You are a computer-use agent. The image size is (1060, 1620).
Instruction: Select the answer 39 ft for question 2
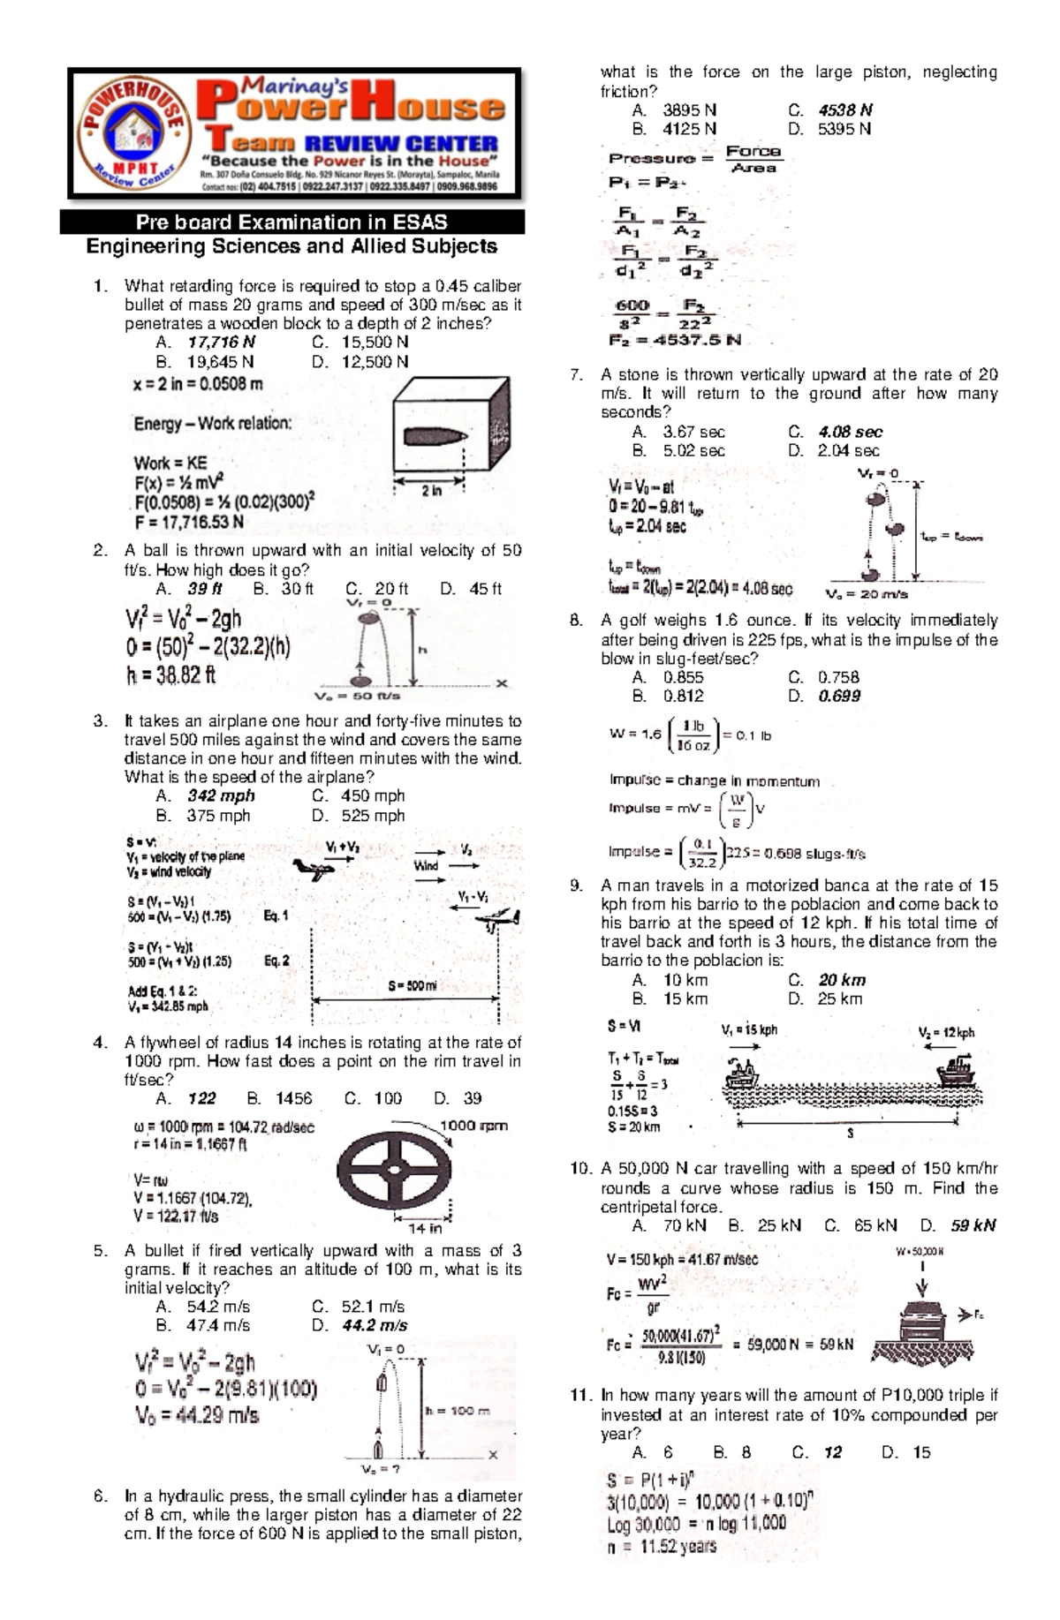(204, 589)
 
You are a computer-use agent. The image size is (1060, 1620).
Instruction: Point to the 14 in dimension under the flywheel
(424, 1228)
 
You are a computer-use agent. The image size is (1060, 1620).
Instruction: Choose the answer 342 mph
(220, 795)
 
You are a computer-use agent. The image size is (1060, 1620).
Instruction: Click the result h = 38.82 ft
(170, 675)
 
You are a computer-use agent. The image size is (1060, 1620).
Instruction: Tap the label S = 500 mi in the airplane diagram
(412, 986)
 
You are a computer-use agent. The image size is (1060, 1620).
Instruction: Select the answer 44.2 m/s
(375, 1325)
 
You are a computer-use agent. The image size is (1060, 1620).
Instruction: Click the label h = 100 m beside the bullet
(457, 1411)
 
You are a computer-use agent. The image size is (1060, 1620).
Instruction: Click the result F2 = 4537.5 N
(675, 340)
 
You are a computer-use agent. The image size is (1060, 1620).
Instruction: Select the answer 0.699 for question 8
(839, 696)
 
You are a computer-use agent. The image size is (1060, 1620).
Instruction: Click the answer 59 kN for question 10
(973, 1225)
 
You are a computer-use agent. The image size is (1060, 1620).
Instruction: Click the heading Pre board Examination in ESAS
(291, 222)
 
